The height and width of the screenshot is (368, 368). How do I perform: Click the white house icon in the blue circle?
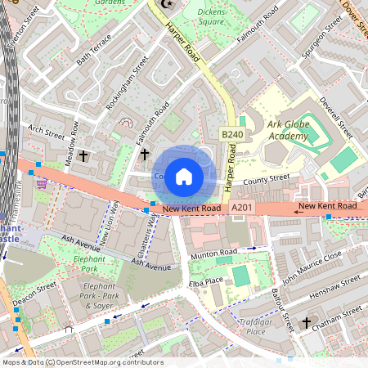[184, 176]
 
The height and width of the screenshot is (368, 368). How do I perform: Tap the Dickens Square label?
[211, 17]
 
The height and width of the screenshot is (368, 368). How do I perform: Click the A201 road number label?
[241, 209]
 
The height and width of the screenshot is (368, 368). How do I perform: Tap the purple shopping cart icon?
[41, 184]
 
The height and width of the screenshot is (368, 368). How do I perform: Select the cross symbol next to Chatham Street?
[307, 323]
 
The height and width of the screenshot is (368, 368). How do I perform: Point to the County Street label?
[266, 178]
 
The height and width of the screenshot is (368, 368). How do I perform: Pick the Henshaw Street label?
[338, 287]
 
